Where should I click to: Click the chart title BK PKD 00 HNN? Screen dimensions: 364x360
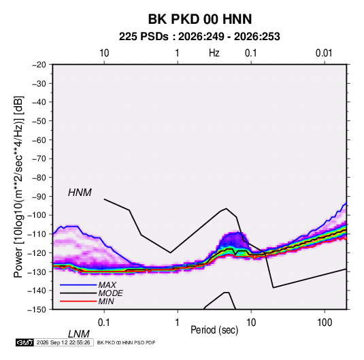point(200,19)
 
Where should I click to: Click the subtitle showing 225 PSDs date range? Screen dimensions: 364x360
point(199,37)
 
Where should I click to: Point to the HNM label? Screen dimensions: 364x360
point(80,193)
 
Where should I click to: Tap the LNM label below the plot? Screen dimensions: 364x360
point(78,334)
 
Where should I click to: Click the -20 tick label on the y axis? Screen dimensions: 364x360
point(39,65)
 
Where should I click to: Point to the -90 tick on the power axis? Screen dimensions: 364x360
point(39,197)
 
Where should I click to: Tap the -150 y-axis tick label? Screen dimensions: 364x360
point(37,310)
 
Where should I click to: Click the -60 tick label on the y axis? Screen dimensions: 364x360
point(39,140)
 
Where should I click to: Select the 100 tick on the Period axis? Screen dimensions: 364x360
point(325,323)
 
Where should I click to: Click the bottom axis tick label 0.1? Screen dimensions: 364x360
point(104,323)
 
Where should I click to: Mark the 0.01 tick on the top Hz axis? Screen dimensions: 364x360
point(324,53)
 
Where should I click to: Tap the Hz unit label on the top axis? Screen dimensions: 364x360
point(214,53)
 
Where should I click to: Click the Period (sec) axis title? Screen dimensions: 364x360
point(214,330)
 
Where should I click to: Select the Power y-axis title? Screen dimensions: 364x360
point(18,186)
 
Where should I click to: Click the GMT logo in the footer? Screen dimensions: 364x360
point(24,342)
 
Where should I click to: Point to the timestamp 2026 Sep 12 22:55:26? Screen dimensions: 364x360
point(63,342)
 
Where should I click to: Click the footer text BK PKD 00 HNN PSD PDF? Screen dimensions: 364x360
point(126,342)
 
